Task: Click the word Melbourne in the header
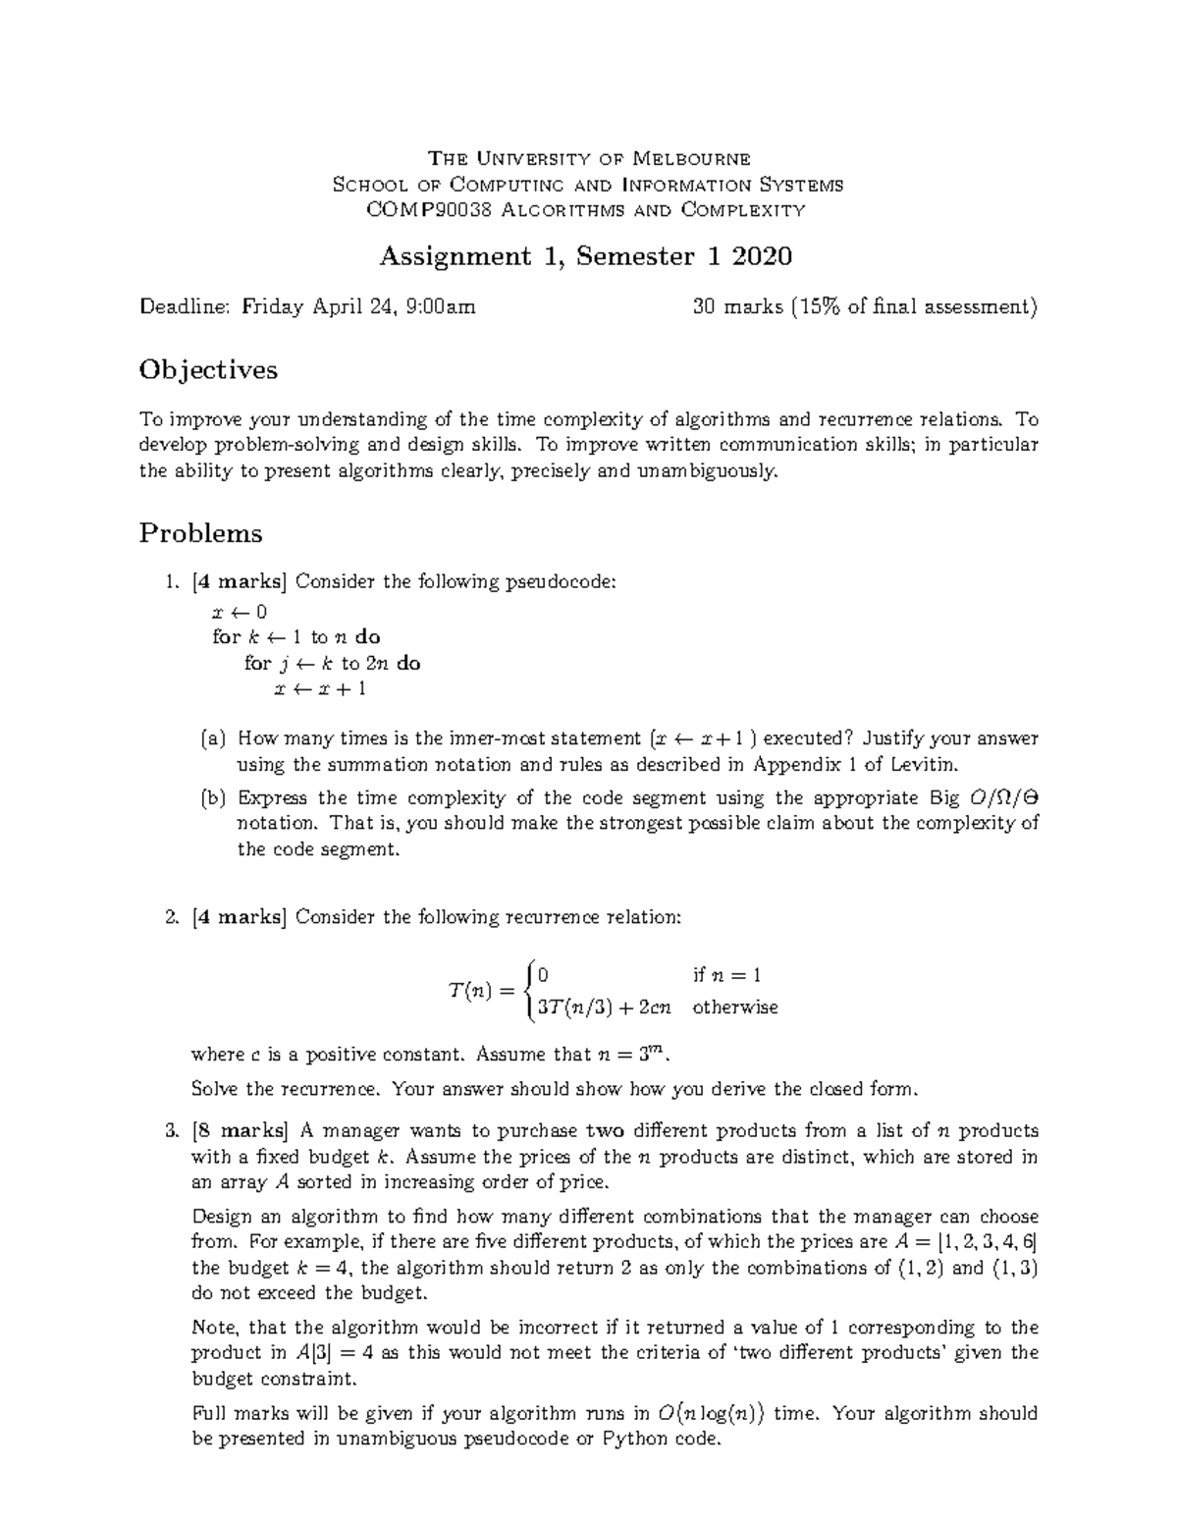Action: coord(691,159)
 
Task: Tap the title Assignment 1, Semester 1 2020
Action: coord(585,256)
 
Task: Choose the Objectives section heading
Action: coord(208,370)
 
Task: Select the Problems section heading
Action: coord(200,533)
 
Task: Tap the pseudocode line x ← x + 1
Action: coord(319,688)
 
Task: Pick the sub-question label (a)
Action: coord(213,738)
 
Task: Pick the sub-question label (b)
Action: coord(213,798)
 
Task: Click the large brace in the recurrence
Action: coord(529,990)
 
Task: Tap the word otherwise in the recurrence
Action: coord(734,1008)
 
